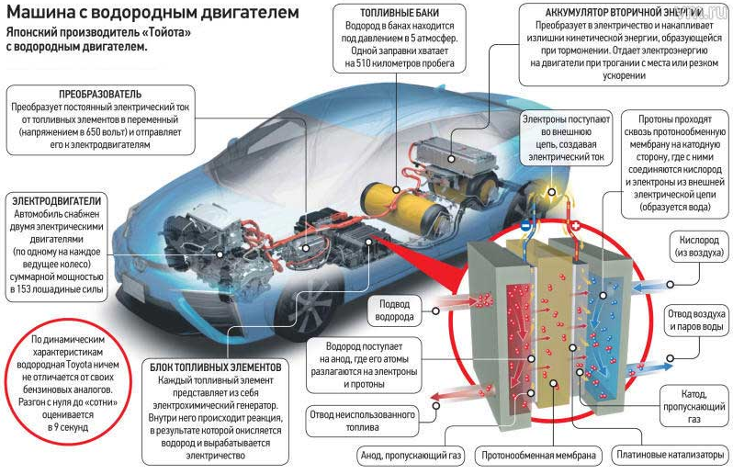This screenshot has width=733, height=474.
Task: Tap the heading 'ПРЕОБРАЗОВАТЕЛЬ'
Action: (100, 95)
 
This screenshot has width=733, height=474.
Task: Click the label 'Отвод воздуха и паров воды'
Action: (697, 322)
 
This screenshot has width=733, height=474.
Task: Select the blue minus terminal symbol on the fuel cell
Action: (525, 225)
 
